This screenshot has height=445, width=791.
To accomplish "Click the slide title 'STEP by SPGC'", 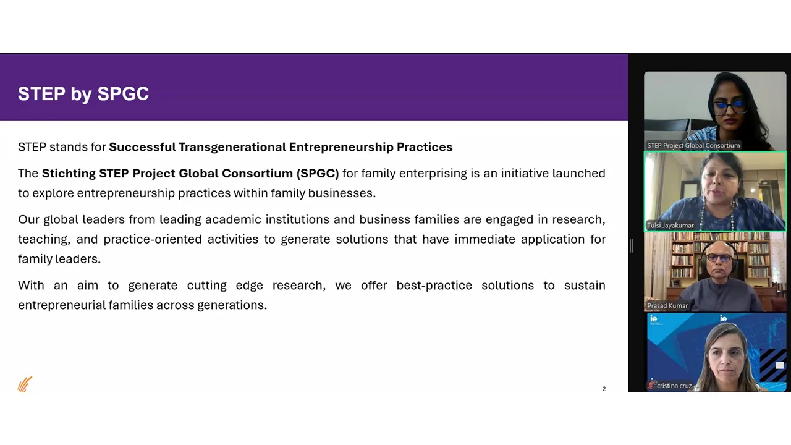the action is (x=83, y=94).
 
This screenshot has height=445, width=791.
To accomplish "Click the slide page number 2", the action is (x=604, y=389).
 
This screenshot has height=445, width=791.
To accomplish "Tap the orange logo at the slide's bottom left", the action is (x=25, y=384).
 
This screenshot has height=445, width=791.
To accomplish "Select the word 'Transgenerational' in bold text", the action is (x=232, y=147).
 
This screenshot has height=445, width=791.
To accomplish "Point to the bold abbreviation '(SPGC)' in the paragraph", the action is (x=318, y=174).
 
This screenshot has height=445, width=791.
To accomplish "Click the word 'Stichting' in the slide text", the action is (x=69, y=174).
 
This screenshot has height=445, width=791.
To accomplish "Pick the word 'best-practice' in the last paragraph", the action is (x=434, y=285).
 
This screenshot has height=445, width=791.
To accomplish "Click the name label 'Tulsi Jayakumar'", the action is (x=670, y=226).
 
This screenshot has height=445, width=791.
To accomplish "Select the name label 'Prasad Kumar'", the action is (x=667, y=306).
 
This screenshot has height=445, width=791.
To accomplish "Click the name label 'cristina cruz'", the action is (x=674, y=386).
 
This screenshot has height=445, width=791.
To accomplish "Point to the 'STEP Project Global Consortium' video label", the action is (x=693, y=145).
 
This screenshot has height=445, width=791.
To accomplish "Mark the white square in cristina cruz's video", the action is (x=779, y=365).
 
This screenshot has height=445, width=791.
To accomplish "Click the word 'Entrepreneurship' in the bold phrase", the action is (x=341, y=147).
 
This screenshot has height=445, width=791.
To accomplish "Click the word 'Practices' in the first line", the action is (x=425, y=147).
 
